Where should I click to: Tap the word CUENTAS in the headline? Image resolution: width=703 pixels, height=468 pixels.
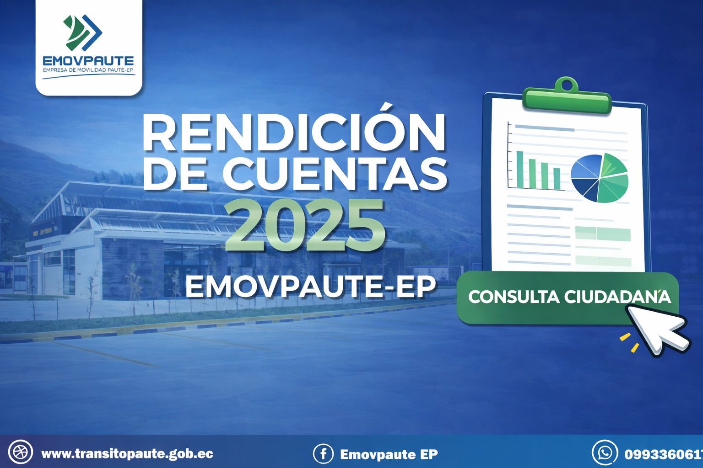tap(335, 174)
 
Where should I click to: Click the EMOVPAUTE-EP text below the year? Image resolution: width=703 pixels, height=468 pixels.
tap(311, 288)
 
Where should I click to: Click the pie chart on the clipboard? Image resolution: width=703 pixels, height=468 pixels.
tap(600, 178)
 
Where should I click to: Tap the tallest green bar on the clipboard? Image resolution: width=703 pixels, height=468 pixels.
tap(520, 170)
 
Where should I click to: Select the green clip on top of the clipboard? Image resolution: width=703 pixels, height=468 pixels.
tap(567, 96)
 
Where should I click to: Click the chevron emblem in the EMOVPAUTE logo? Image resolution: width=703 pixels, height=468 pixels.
tap(82, 32)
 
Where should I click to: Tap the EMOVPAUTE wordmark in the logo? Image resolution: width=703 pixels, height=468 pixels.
tap(88, 61)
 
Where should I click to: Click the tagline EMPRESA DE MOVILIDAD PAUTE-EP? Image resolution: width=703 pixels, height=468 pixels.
tap(88, 70)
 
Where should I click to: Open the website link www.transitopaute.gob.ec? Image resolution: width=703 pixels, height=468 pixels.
tap(127, 453)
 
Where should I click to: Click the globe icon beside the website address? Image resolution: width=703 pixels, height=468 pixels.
tap(21, 452)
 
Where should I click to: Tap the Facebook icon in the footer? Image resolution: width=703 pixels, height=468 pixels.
tap(323, 453)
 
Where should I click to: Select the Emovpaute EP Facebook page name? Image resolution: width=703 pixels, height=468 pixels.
tap(389, 454)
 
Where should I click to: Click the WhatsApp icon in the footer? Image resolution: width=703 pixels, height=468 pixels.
tap(605, 452)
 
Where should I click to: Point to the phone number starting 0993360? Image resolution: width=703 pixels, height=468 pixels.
tap(664, 454)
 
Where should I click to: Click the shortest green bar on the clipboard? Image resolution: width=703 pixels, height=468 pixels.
tap(557, 179)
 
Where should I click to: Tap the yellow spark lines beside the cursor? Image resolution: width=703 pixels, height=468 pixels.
tap(630, 342)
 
